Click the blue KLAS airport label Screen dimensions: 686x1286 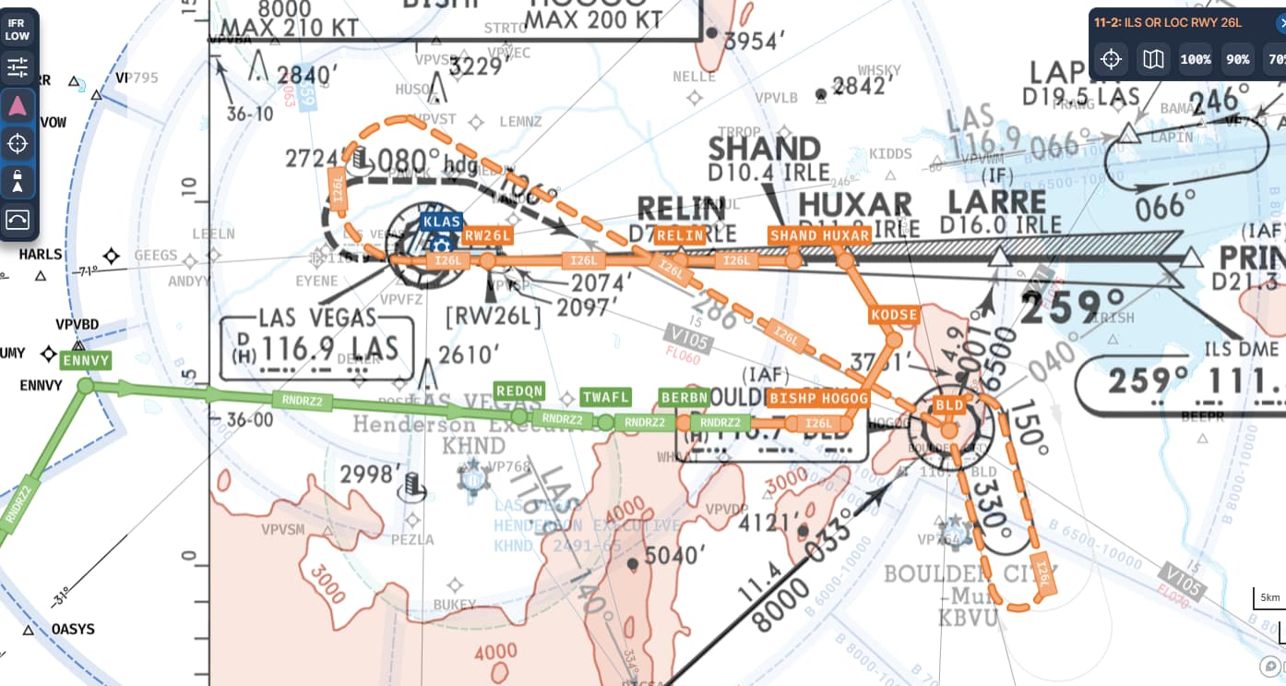441,222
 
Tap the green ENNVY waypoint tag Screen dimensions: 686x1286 86,361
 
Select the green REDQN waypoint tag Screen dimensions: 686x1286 519,391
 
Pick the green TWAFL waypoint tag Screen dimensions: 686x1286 606,398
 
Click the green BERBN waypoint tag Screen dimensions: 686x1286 685,398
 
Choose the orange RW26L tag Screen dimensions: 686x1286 487,235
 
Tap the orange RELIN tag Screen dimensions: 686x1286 680,235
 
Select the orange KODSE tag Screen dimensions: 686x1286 894,315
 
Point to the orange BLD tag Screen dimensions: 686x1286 949,405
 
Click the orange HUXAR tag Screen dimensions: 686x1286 846,235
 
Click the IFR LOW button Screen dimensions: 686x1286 18,30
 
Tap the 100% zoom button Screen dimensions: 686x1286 1196,59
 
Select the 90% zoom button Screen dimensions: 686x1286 1237,59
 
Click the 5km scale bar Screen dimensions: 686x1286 1269,597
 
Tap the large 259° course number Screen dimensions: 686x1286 1073,306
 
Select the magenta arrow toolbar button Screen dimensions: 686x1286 18,106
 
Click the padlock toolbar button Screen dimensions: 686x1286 18,181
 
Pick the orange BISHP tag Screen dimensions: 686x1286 792,398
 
